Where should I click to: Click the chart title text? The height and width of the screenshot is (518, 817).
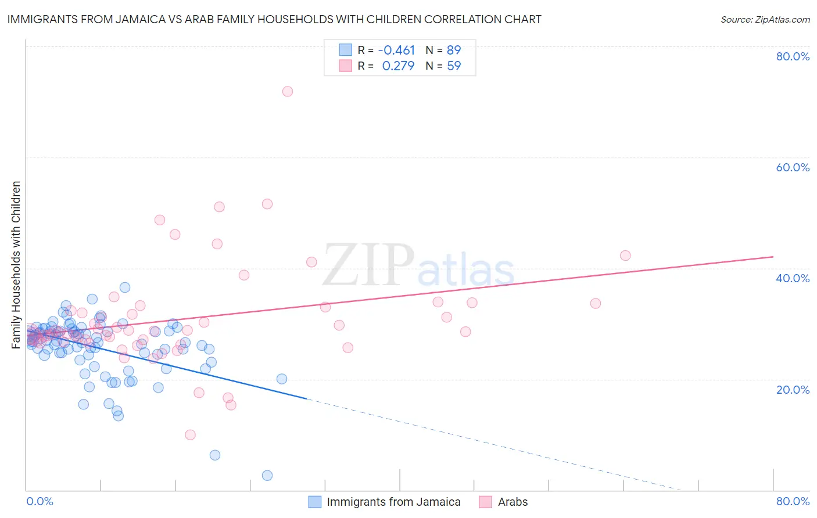click(x=274, y=20)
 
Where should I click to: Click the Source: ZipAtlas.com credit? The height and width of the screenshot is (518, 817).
click(x=765, y=20)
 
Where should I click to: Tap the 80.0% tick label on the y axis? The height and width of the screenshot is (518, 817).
click(x=793, y=56)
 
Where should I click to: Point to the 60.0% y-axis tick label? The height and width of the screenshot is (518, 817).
click(x=793, y=167)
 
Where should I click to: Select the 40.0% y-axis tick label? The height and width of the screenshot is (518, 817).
click(x=793, y=278)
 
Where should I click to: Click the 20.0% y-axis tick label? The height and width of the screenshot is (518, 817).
click(x=793, y=390)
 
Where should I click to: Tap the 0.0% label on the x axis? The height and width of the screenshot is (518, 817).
click(x=40, y=501)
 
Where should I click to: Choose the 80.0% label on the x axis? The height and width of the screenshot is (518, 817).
click(x=793, y=501)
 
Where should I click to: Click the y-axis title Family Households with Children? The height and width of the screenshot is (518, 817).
click(x=16, y=265)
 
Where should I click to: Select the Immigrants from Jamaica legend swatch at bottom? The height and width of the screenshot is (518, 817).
click(x=315, y=502)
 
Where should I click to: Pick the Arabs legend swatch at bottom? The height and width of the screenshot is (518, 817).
click(x=486, y=502)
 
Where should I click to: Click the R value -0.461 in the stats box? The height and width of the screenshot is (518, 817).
click(x=396, y=50)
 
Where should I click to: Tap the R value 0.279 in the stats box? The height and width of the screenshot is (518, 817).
click(x=398, y=66)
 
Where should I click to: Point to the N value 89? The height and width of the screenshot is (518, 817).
click(x=454, y=50)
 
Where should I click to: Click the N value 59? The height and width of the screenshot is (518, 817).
click(x=454, y=66)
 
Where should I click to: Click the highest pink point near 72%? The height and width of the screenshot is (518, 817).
click(x=287, y=91)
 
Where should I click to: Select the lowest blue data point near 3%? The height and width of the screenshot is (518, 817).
click(x=267, y=475)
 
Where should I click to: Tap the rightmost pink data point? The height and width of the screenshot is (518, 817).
click(x=625, y=256)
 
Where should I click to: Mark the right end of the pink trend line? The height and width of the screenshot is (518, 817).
click(x=773, y=257)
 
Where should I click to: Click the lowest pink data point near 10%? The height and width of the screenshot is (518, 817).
click(x=190, y=434)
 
